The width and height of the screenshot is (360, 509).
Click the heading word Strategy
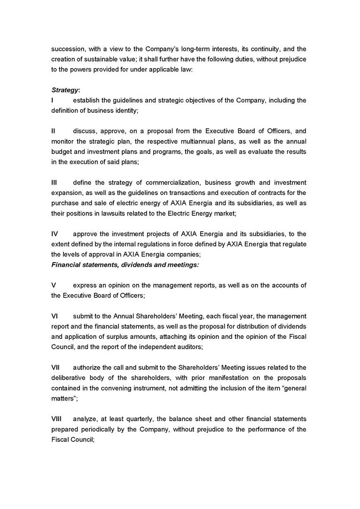coord(64,90)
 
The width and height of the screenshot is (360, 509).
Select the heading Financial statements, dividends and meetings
coord(125,265)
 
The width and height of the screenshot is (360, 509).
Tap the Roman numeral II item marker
coord(54,131)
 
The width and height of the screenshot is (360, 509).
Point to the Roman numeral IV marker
coord(55,234)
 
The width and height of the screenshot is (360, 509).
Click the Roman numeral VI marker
coord(55,316)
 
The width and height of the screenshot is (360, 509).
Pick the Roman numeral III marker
coord(54,182)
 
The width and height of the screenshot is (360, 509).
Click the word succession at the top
coord(68,49)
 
